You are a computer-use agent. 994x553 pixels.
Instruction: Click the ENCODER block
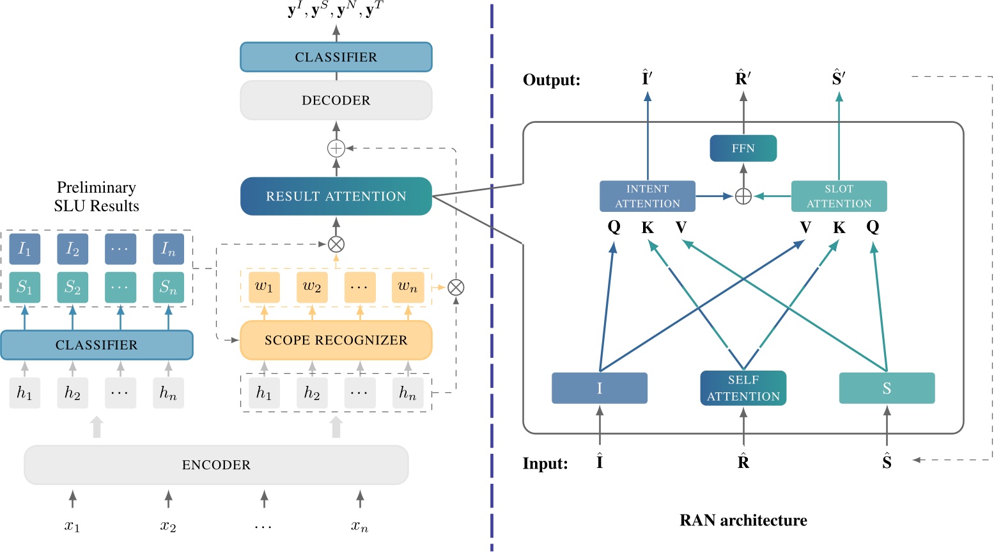[216, 465]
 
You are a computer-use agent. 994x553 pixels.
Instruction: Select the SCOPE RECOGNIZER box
[336, 340]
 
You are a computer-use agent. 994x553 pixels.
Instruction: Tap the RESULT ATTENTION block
[336, 196]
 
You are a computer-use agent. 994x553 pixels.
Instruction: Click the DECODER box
[336, 100]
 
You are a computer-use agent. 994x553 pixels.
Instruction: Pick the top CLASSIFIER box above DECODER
[336, 57]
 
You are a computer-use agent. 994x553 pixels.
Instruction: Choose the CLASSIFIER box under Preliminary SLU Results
[97, 345]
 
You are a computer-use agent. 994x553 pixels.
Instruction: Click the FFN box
[743, 148]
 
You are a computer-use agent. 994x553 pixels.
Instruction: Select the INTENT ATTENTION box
[647, 196]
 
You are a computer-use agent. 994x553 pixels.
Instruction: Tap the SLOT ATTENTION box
[839, 196]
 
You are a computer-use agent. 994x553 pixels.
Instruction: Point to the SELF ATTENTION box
[743, 388]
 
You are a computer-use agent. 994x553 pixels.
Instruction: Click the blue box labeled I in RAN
[599, 388]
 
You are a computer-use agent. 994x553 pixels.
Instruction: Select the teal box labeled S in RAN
[887, 388]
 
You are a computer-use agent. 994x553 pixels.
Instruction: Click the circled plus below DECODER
[336, 148]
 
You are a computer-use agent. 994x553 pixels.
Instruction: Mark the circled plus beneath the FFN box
[743, 196]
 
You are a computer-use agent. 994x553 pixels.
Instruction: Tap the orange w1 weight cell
[264, 287]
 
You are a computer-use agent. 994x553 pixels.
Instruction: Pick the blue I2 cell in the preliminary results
[72, 249]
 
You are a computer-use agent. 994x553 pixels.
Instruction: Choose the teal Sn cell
[168, 287]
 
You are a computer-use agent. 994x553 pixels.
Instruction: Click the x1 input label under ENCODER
[72, 526]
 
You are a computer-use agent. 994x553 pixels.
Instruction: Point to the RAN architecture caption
[743, 520]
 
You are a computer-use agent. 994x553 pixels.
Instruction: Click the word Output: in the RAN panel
[552, 80]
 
